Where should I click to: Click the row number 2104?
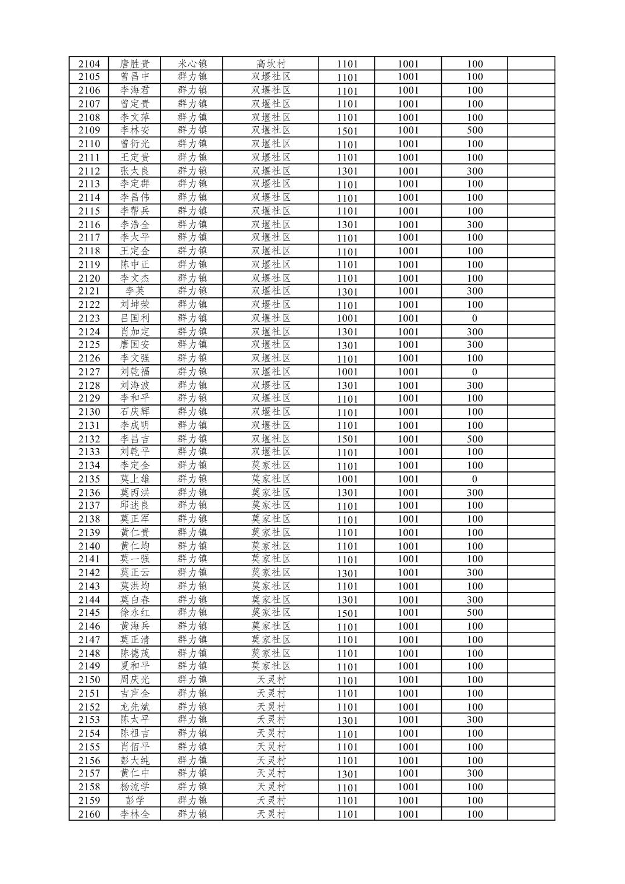(x=89, y=64)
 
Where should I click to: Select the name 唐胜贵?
(x=134, y=64)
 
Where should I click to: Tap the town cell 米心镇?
(x=192, y=64)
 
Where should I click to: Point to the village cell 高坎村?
(x=271, y=64)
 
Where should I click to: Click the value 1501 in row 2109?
(x=347, y=131)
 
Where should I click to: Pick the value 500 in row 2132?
(x=474, y=439)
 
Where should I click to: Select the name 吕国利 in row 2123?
(x=134, y=318)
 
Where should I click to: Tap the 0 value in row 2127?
(x=474, y=372)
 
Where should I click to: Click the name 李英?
(x=134, y=291)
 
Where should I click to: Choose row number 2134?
(x=89, y=466)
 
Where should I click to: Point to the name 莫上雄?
(x=134, y=479)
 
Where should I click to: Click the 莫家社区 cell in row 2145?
(x=271, y=612)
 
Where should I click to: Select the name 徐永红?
(x=134, y=612)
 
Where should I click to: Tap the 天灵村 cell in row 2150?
(x=271, y=680)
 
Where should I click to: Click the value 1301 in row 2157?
(x=347, y=774)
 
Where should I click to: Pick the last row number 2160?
(x=89, y=814)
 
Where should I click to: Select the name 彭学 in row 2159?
(x=134, y=800)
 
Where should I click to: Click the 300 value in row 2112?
(x=474, y=171)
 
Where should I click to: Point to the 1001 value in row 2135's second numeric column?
(x=408, y=479)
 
